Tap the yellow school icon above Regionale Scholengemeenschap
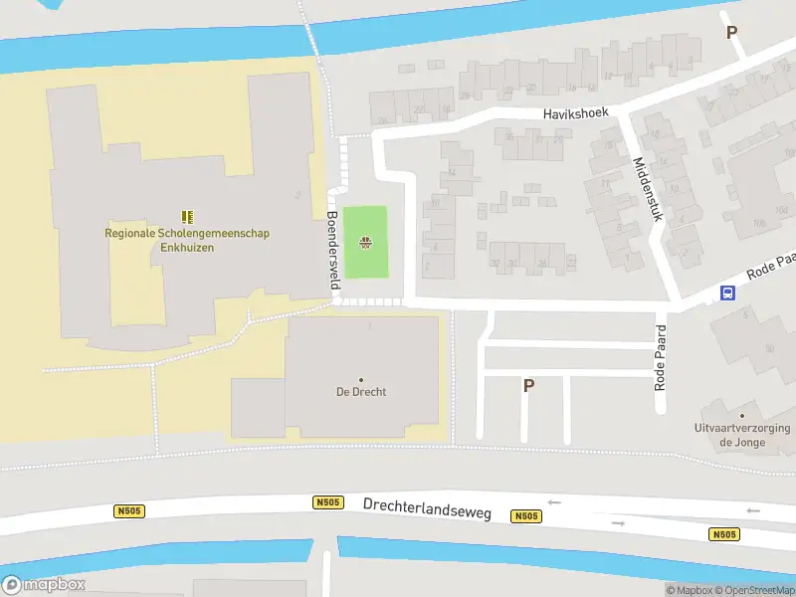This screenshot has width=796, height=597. (187, 216)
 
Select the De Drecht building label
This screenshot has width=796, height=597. (360, 392)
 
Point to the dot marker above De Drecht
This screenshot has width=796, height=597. (360, 379)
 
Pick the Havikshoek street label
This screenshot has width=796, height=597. (575, 113)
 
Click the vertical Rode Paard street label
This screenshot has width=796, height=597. (659, 355)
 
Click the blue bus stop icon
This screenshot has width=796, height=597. (728, 293)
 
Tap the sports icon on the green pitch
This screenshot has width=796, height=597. (366, 242)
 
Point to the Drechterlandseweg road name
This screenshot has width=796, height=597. (428, 506)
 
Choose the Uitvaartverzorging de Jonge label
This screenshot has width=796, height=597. (742, 435)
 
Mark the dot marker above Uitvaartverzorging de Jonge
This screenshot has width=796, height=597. (742, 415)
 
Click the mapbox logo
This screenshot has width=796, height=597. (44, 585)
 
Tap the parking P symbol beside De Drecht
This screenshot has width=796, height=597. (528, 386)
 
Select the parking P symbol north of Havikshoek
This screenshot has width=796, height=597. (732, 32)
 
